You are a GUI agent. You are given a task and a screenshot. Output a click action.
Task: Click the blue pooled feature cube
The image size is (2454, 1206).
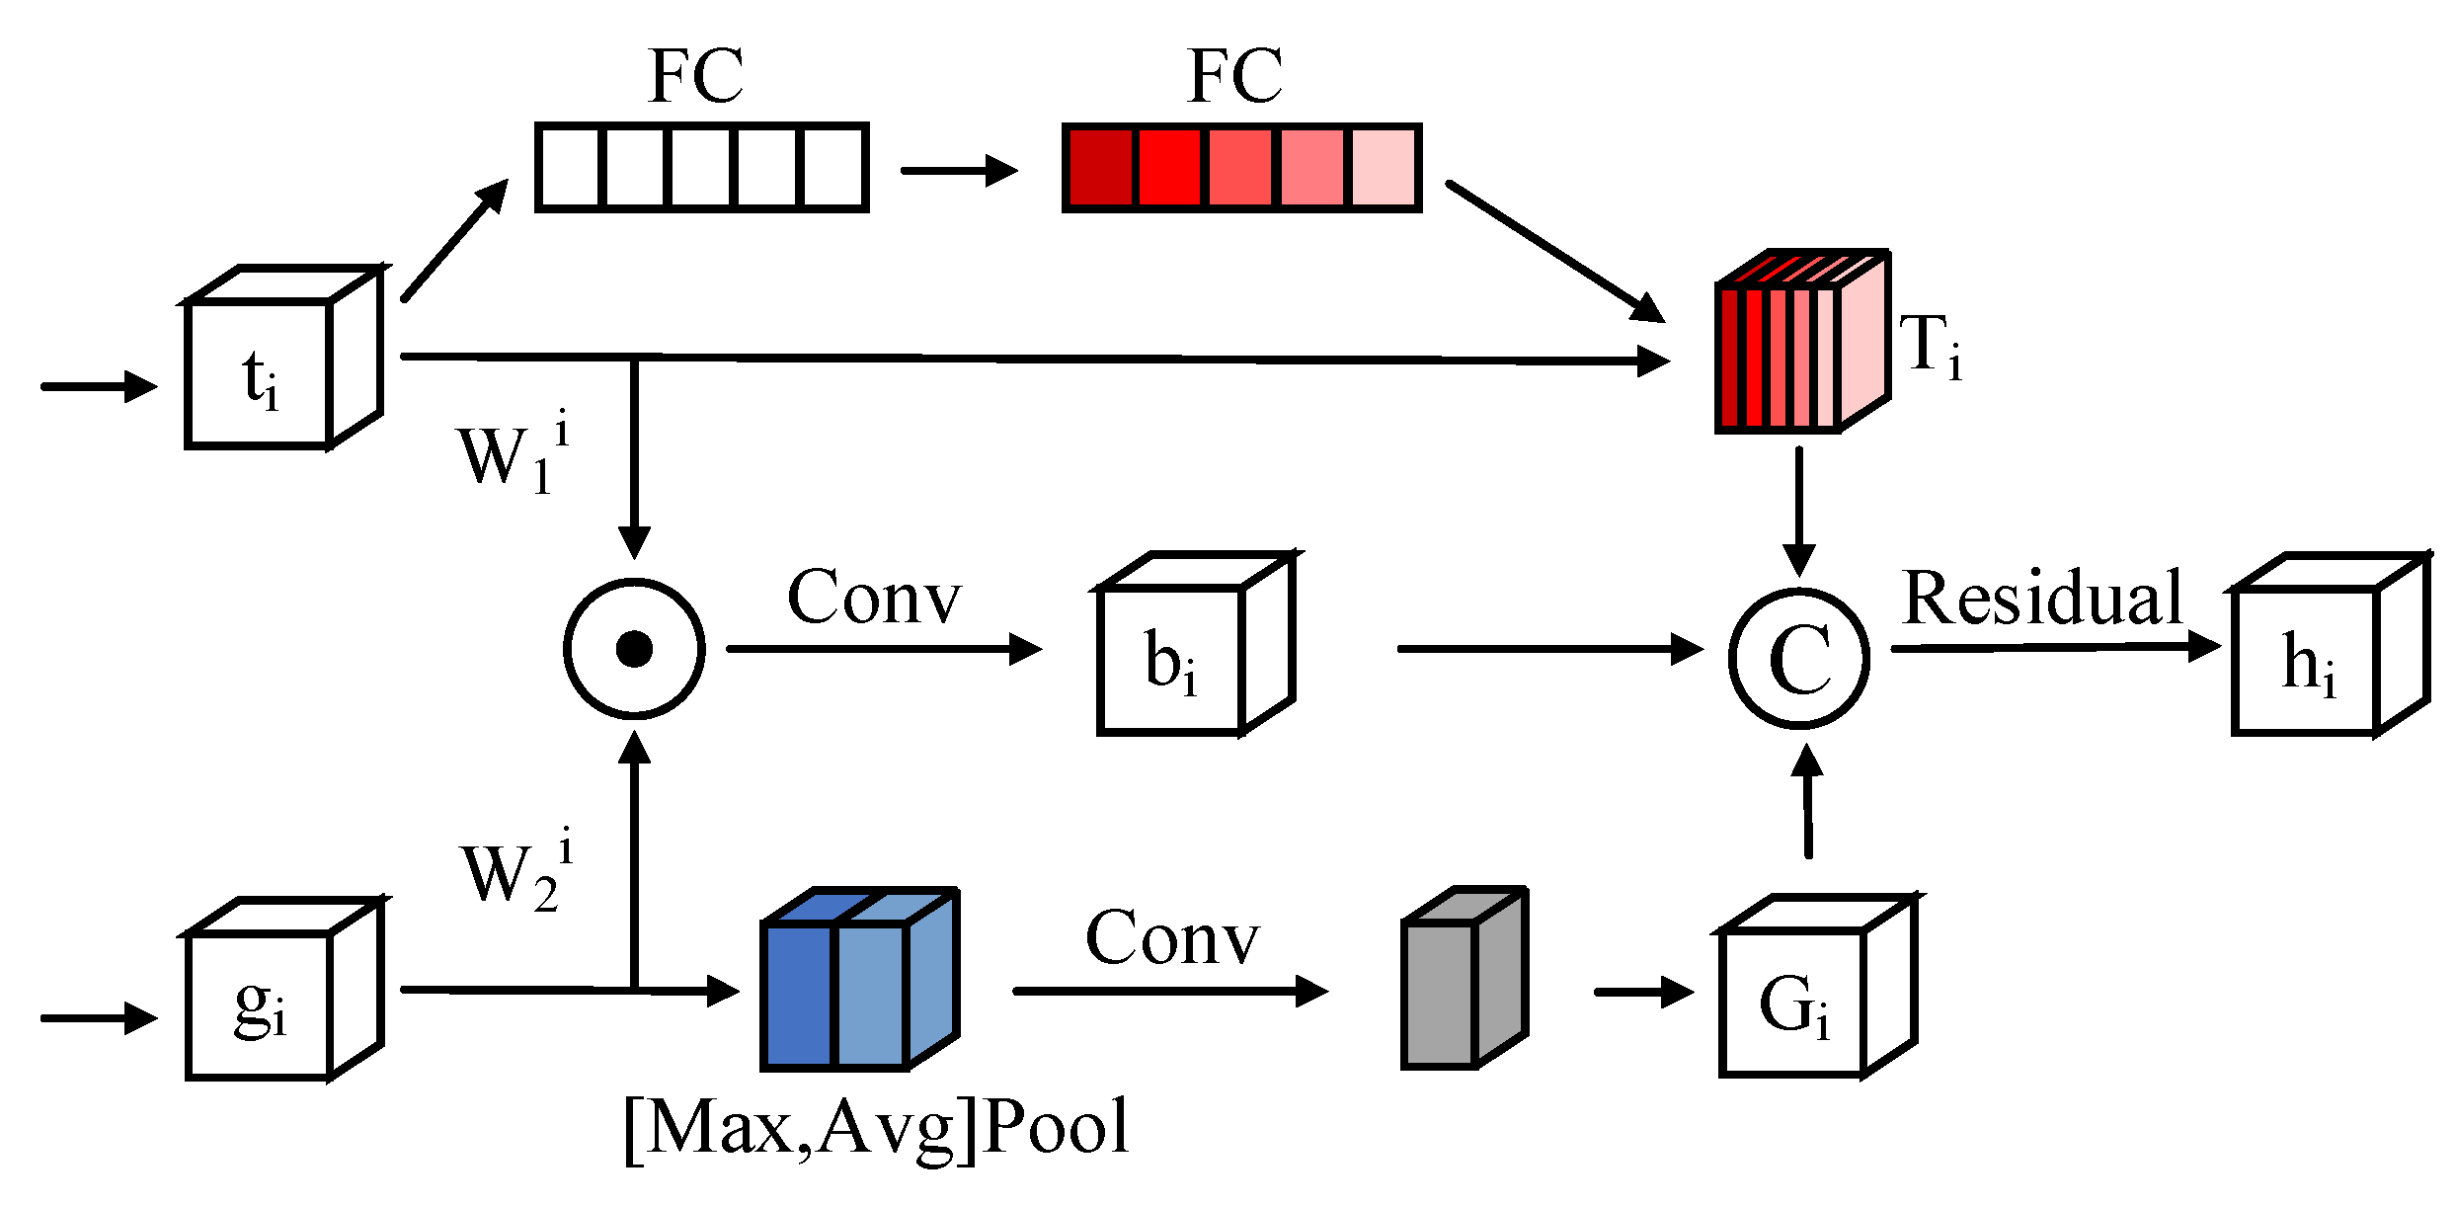849,988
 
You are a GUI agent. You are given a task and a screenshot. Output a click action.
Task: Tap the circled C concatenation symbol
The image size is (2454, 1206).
1798,658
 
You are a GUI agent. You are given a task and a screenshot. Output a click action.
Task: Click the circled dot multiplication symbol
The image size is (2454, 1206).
634,649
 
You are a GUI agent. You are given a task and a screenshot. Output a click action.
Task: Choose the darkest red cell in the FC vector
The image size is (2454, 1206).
1100,168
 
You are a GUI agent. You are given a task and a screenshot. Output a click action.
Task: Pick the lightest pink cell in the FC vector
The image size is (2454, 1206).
1384,168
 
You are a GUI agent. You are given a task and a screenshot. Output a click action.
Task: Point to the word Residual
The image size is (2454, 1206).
2041,599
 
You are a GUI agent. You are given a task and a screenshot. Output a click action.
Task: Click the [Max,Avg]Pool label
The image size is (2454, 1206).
877,1128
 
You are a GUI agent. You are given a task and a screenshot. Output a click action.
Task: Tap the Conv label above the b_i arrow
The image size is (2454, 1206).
873,598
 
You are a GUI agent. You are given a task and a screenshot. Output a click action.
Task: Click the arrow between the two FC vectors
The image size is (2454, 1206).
958,170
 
